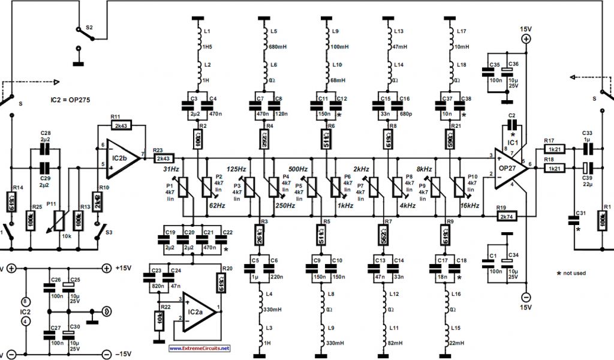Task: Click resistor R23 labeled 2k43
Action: click(x=164, y=158)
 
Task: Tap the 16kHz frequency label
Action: click(x=471, y=205)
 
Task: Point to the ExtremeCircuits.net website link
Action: click(x=199, y=348)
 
